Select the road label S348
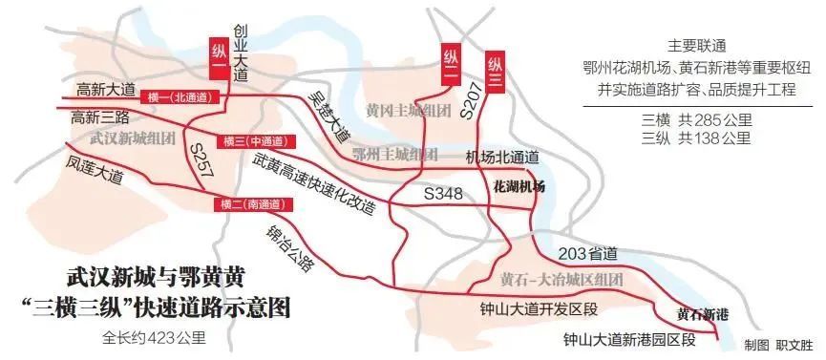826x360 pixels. click(443, 194)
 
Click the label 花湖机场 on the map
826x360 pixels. click(519, 187)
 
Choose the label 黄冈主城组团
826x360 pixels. click(409, 111)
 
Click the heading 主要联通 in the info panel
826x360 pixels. click(699, 46)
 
